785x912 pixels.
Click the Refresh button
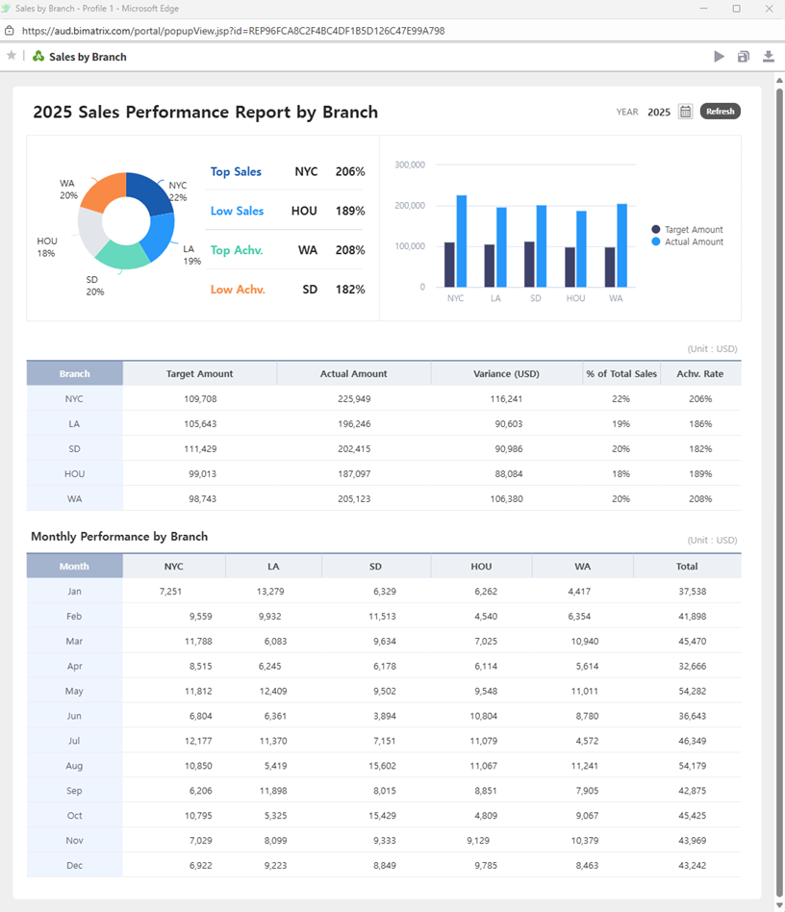point(720,112)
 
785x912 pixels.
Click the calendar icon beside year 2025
point(685,112)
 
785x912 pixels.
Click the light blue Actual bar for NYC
point(462,241)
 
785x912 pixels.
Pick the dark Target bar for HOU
point(570,266)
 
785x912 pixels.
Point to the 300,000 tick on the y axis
point(410,165)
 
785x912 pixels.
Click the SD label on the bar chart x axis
point(536,298)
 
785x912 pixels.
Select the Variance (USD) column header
point(506,373)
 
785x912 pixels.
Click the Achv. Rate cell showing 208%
point(700,498)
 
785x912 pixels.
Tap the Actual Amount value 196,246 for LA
point(353,423)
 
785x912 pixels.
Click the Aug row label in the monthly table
point(74,766)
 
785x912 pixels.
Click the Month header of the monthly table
point(74,567)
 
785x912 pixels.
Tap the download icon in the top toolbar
point(769,57)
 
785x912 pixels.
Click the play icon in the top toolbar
point(719,57)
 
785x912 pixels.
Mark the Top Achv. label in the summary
point(236,250)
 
